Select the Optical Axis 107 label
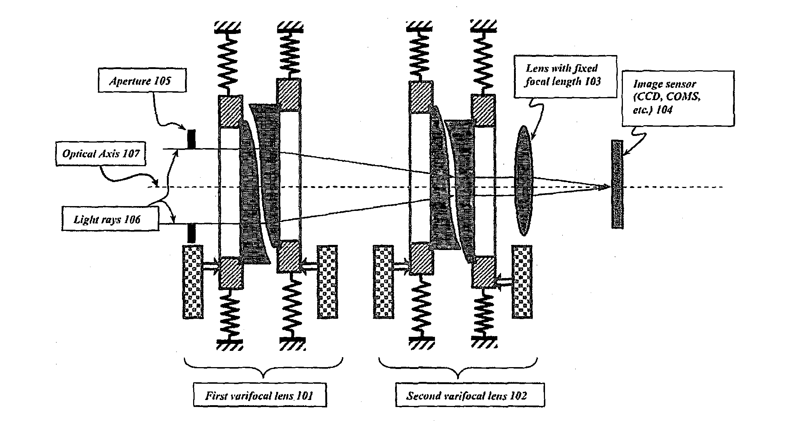click(x=100, y=153)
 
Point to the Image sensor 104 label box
click(x=678, y=98)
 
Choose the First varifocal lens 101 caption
click(x=260, y=396)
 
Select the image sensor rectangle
click(x=617, y=184)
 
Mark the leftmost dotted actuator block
click(x=193, y=281)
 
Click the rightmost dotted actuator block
click(x=522, y=281)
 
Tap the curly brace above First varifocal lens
click(x=263, y=369)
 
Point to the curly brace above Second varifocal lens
click(x=458, y=369)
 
